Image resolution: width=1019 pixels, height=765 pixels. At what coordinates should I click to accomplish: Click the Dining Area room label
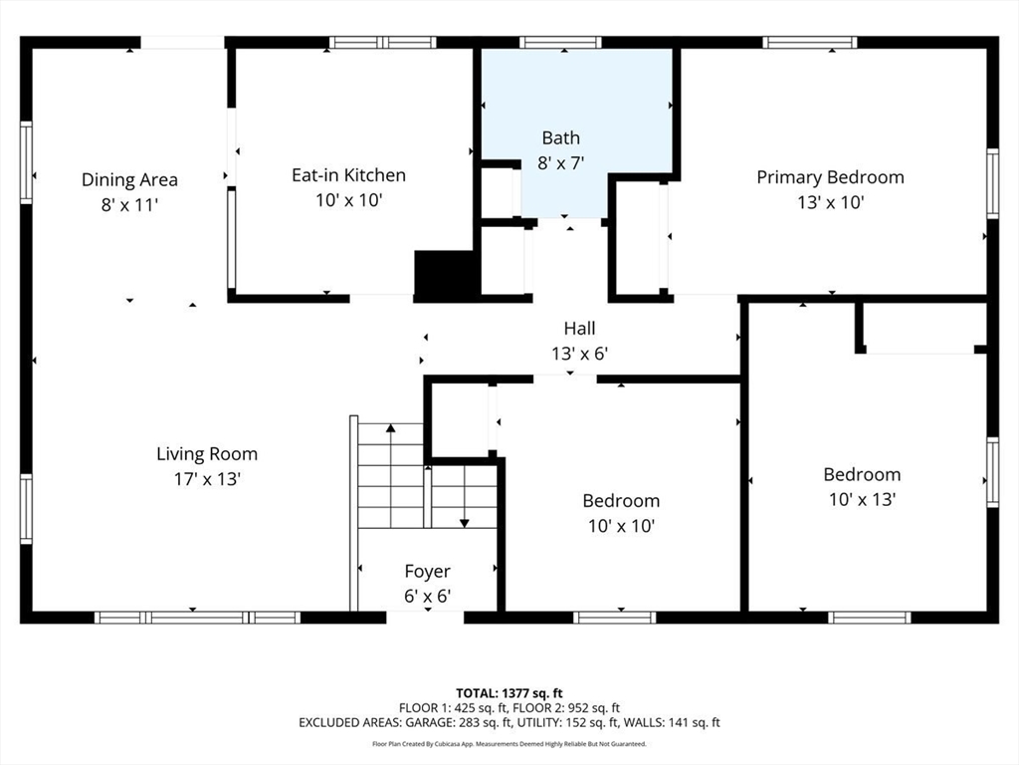pyautogui.click(x=129, y=179)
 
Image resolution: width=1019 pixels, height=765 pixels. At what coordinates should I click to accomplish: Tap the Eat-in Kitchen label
pyautogui.click(x=348, y=175)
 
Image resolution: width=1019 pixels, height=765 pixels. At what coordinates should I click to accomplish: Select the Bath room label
pyautogui.click(x=561, y=137)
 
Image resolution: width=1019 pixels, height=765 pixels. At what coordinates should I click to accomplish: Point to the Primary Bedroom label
pyautogui.click(x=830, y=177)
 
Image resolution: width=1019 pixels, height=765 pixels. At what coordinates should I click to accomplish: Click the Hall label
pyautogui.click(x=580, y=329)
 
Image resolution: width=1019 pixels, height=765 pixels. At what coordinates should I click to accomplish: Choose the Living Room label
pyautogui.click(x=207, y=454)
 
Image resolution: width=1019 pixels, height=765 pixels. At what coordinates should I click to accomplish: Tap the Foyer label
pyautogui.click(x=427, y=572)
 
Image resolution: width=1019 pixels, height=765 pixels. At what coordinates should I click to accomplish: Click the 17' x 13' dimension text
pyautogui.click(x=207, y=479)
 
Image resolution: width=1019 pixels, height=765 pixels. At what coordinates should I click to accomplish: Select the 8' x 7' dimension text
pyautogui.click(x=561, y=162)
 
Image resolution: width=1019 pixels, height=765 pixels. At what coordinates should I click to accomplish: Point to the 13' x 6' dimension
pyautogui.click(x=580, y=354)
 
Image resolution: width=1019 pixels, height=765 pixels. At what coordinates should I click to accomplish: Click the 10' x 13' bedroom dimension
pyautogui.click(x=863, y=500)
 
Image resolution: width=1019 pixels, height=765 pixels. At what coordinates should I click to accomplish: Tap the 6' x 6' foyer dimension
pyautogui.click(x=427, y=597)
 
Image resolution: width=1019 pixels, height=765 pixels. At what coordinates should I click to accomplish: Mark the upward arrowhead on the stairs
pyautogui.click(x=390, y=428)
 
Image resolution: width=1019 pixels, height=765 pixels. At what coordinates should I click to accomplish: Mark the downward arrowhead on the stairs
pyautogui.click(x=464, y=523)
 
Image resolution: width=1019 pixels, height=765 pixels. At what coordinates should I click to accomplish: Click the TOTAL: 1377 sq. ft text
pyautogui.click(x=509, y=693)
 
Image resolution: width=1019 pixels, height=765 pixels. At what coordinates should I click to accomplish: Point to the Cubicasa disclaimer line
pyautogui.click(x=509, y=744)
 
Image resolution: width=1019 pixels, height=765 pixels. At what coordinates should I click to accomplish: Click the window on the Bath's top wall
pyautogui.click(x=560, y=43)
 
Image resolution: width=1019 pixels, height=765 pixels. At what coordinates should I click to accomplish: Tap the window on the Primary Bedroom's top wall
pyautogui.click(x=810, y=43)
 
